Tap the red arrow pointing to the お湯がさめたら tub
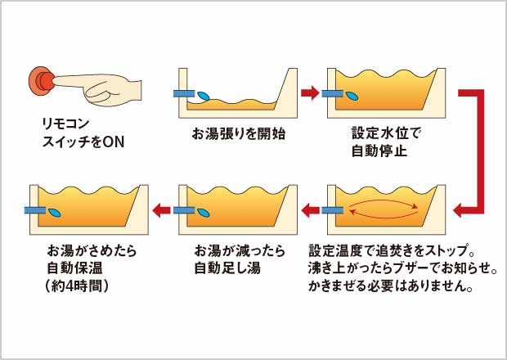click(162, 211)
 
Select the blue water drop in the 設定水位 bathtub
click(352, 95)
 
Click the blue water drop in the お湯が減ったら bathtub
click(203, 212)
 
